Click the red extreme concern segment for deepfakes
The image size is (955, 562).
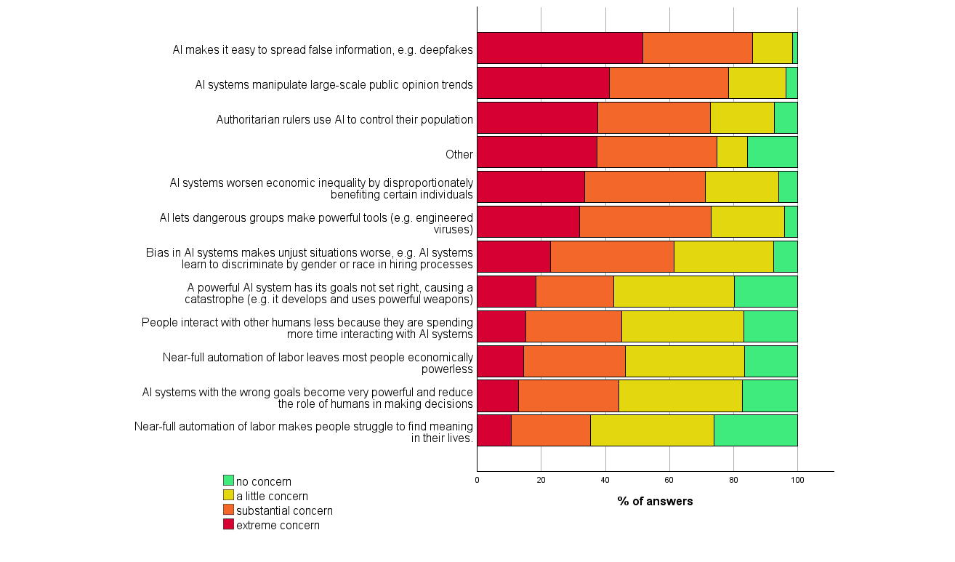point(560,48)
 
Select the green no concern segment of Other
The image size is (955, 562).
point(772,152)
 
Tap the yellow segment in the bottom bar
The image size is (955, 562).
point(652,430)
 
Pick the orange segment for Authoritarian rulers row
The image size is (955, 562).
point(653,118)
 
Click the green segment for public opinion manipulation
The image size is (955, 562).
point(791,83)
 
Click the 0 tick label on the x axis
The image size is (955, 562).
point(477,480)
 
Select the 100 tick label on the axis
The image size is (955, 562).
point(797,480)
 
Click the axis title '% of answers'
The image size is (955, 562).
point(655,502)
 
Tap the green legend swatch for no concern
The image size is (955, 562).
point(228,481)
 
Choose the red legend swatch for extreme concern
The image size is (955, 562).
point(228,524)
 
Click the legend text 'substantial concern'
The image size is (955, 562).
point(284,511)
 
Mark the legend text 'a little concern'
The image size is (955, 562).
point(272,497)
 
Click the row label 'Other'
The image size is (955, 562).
point(459,154)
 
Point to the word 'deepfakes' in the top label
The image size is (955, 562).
point(448,50)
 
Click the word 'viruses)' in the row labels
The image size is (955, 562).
point(454,230)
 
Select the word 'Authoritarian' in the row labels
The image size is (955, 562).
point(249,119)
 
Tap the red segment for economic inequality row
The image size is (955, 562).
point(531,187)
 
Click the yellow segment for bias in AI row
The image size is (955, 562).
point(723,257)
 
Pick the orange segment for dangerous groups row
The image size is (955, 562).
point(645,222)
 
